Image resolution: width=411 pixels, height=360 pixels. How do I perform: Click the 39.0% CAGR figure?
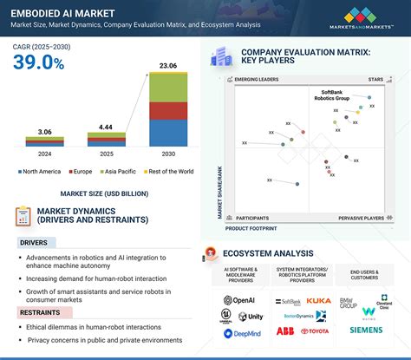click(x=39, y=62)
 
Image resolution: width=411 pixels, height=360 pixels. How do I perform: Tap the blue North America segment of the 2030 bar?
click(x=167, y=132)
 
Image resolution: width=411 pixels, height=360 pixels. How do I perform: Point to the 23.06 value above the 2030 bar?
click(x=167, y=66)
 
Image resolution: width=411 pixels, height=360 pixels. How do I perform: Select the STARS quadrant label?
click(x=374, y=80)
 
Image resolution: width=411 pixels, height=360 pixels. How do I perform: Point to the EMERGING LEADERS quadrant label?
click(x=258, y=80)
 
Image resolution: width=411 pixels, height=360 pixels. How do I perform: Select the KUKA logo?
click(x=319, y=301)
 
